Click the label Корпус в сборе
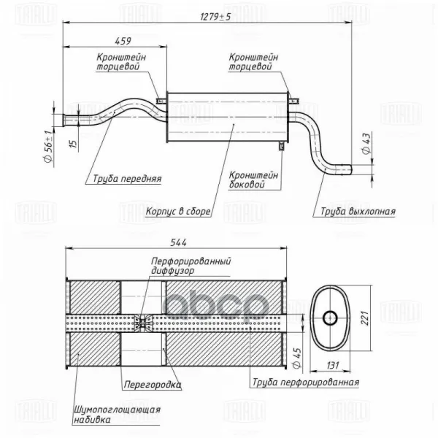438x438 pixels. point(178,212)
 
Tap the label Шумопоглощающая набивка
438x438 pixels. point(117,415)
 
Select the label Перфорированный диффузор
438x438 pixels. point(191,264)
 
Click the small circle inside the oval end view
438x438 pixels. point(328,317)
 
